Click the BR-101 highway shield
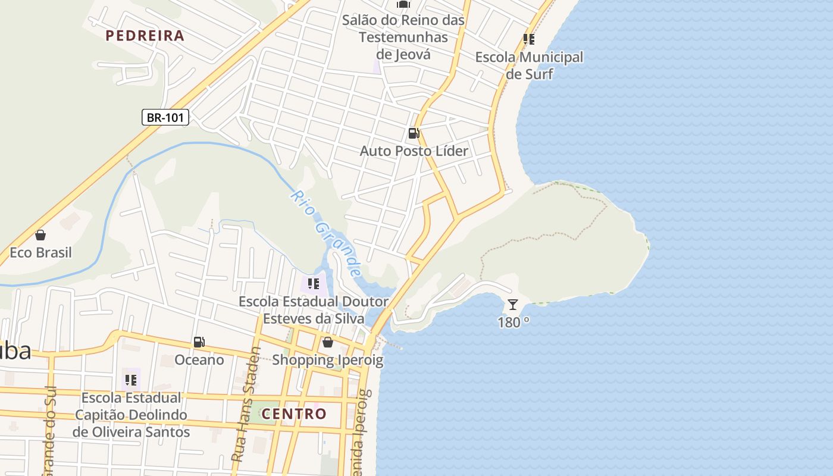click(x=165, y=117)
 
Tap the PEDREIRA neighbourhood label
click(x=145, y=36)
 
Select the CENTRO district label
click(x=294, y=414)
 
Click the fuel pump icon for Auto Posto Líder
click(x=414, y=133)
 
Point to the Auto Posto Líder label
click(x=414, y=151)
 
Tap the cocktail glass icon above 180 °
click(x=512, y=305)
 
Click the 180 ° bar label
click(x=513, y=322)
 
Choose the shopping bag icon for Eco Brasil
click(x=40, y=235)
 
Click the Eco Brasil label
click(x=40, y=252)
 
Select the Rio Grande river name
click(x=327, y=233)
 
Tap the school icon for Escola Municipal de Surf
click(x=528, y=40)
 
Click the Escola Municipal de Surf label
click(x=529, y=65)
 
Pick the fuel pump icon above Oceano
click(x=199, y=342)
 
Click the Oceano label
click(x=199, y=360)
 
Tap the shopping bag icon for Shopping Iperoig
click(x=327, y=342)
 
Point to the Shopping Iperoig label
click(x=327, y=360)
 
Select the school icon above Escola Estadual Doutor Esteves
click(x=314, y=284)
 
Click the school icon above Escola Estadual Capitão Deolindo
click(x=131, y=380)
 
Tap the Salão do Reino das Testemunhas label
click(x=403, y=37)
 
